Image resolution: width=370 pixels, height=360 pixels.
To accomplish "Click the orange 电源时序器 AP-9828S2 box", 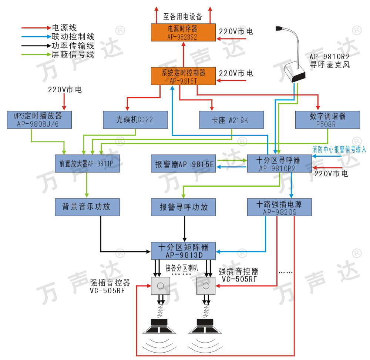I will click(183, 32).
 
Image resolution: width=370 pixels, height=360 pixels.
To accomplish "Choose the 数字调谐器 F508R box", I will click(327, 120).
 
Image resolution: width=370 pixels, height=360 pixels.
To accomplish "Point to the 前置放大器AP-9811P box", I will click(87, 163).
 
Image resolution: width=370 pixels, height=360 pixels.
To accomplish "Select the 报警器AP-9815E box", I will click(184, 163).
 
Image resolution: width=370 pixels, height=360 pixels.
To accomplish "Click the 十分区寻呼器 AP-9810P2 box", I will click(279, 163).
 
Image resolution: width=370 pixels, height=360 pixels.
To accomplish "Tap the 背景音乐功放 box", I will click(87, 207).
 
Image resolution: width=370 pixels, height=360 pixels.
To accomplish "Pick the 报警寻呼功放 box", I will click(184, 207).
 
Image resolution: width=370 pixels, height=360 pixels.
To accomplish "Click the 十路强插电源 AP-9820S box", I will click(279, 207).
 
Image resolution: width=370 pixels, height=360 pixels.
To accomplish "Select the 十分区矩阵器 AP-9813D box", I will click(184, 251).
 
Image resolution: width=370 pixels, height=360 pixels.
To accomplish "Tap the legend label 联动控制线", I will click(73, 36).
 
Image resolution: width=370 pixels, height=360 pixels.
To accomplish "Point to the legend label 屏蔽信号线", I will click(73, 54).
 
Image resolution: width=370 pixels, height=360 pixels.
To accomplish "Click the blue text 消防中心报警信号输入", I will click(339, 150).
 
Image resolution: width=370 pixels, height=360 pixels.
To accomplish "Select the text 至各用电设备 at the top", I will click(183, 16).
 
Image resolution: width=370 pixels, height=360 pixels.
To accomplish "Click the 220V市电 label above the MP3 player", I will click(65, 89).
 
